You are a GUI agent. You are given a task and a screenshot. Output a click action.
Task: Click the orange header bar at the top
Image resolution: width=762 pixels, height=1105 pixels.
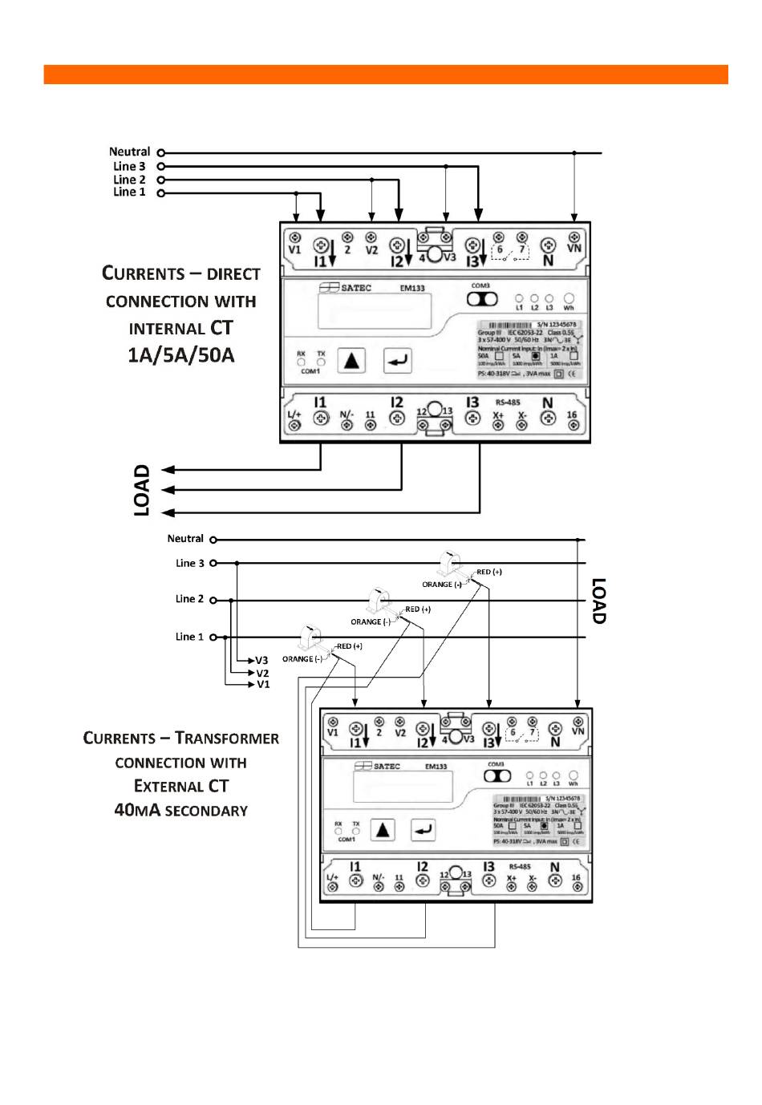[x=385, y=75]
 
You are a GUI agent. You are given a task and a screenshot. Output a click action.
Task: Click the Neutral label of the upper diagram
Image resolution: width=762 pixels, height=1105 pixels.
[x=129, y=152]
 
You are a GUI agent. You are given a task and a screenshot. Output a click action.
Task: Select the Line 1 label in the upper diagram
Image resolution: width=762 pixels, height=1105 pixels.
[x=129, y=192]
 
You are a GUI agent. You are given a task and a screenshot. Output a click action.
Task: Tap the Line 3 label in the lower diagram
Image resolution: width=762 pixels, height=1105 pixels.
[x=190, y=563]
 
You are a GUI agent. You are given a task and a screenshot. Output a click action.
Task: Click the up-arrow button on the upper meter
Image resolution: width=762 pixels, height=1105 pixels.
[x=351, y=361]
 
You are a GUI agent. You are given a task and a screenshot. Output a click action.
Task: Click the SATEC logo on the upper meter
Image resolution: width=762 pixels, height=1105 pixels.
[x=346, y=288]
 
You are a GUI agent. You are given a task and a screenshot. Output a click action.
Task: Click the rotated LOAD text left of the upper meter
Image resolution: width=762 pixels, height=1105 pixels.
[x=142, y=490]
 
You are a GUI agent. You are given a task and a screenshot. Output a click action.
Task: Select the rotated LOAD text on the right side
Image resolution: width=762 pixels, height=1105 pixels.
[x=598, y=601]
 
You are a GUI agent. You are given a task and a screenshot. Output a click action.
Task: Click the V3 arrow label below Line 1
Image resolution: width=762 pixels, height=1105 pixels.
[x=261, y=661]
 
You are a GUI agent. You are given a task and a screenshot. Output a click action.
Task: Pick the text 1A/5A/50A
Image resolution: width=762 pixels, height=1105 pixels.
[x=181, y=355]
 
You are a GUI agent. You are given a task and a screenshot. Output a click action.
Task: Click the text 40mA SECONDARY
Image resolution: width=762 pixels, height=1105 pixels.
[x=181, y=810]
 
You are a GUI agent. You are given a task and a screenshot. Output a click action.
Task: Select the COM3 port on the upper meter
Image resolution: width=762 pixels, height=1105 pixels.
[x=482, y=298]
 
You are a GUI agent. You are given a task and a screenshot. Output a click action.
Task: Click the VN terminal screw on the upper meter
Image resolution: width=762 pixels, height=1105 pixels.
[x=574, y=237]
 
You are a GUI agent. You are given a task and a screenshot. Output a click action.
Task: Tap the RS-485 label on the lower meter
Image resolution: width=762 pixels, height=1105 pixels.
[x=520, y=867]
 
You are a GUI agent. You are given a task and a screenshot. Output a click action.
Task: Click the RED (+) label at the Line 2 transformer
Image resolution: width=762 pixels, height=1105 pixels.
[x=418, y=609]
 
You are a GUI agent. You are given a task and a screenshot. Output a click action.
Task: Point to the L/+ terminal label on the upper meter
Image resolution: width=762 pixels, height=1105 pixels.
[x=294, y=415]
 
